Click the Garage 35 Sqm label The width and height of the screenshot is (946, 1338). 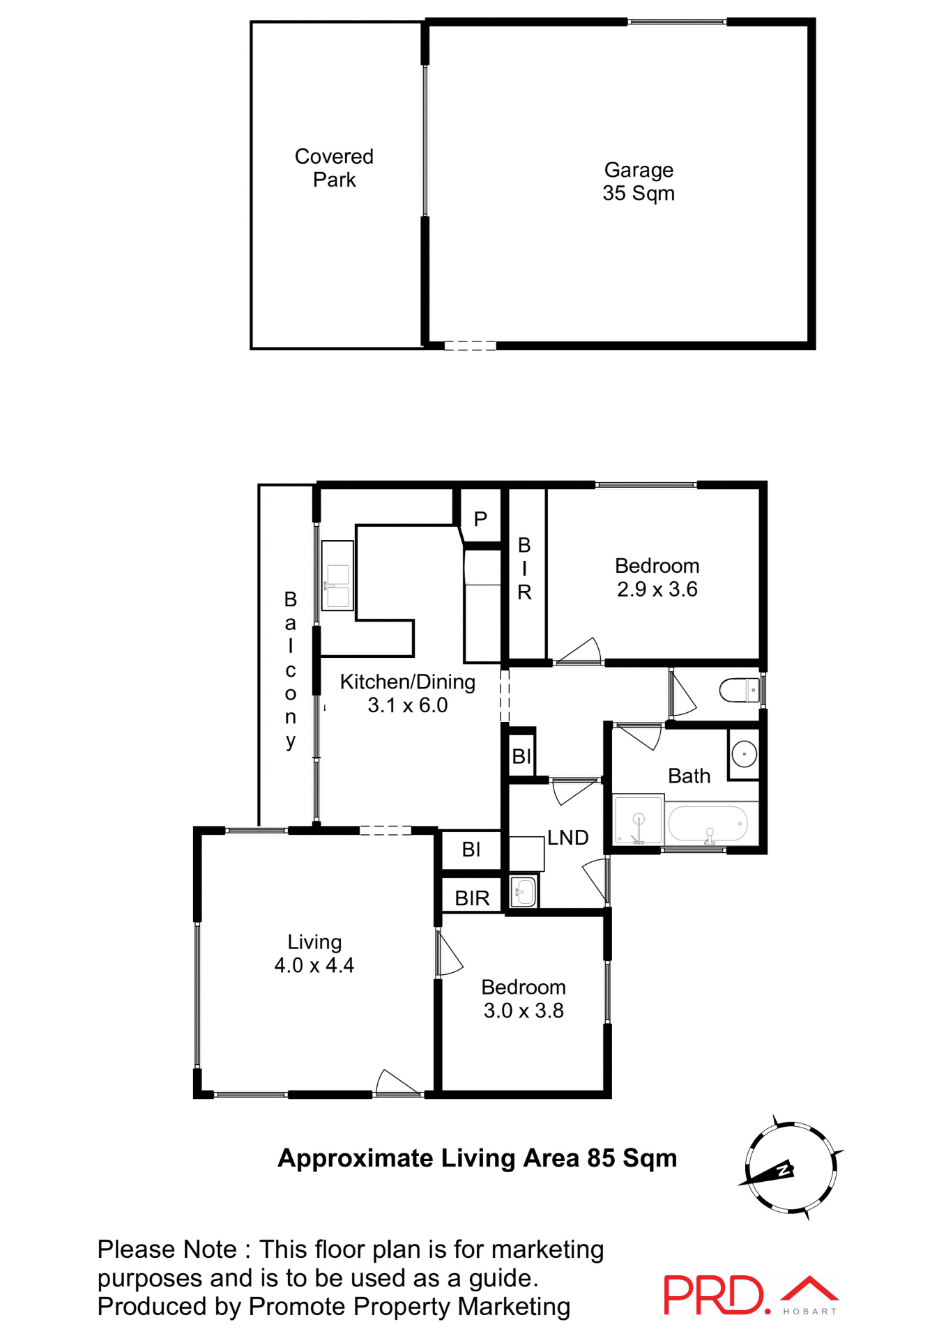tap(638, 181)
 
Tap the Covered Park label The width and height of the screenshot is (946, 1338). tap(334, 168)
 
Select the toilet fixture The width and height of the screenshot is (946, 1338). tap(739, 690)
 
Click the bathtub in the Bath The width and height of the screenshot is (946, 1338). tap(708, 824)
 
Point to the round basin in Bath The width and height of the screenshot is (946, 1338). tap(744, 754)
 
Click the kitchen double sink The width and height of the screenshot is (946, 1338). tap(337, 586)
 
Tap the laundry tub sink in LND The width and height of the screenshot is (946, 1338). tap(524, 891)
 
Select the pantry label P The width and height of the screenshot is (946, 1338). tap(480, 519)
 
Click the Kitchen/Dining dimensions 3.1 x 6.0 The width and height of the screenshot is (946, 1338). tap(407, 705)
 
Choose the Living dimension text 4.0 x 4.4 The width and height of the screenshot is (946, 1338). tap(314, 965)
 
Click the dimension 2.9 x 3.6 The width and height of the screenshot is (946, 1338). tap(657, 590)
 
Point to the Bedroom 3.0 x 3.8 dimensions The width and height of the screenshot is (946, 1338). tap(524, 1010)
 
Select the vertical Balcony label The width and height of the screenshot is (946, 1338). tap(291, 669)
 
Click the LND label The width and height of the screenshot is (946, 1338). tap(567, 838)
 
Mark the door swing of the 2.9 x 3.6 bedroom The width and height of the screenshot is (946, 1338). tap(582, 652)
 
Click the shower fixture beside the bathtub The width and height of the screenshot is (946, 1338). tap(637, 820)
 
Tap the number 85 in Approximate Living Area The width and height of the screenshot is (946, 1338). tap(601, 1158)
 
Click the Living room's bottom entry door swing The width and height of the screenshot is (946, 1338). tap(395, 1082)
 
